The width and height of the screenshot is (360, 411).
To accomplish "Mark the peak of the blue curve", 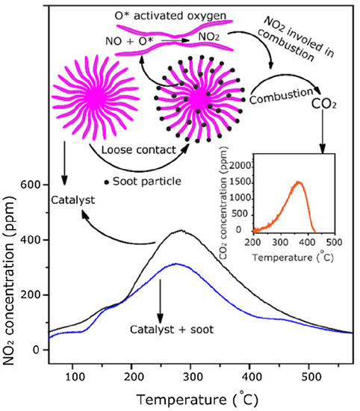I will (206, 264).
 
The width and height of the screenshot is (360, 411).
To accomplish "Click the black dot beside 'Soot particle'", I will (108, 182).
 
